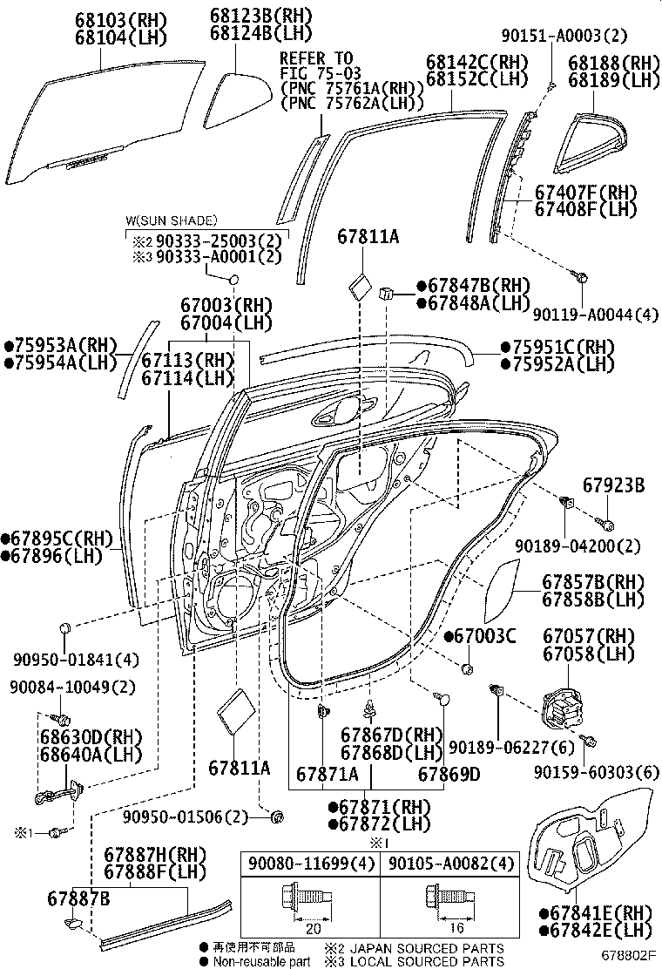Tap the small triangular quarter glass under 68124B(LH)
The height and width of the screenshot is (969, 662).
click(235, 92)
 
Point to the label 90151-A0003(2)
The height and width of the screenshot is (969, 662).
click(575, 36)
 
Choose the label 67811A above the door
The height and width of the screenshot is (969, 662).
click(368, 235)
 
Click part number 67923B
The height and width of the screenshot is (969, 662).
click(613, 487)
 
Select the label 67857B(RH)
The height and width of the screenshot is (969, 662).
click(593, 582)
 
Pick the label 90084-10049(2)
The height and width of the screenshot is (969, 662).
click(74, 688)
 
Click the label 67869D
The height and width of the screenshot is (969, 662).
click(449, 774)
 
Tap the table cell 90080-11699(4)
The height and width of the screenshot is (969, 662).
click(310, 864)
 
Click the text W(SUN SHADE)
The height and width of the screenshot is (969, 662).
click(171, 220)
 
